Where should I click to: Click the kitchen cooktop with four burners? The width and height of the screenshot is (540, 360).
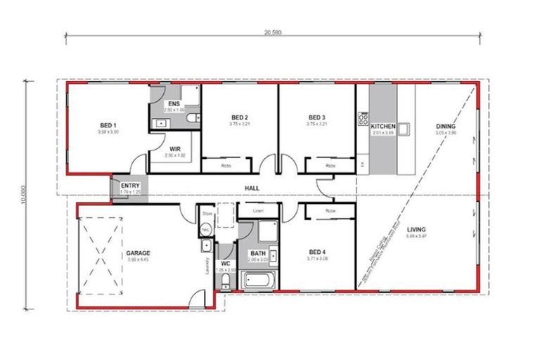click(x=364, y=119)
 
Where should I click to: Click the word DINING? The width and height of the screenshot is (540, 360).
click(x=445, y=127)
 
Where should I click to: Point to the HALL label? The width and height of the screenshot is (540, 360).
click(x=251, y=188)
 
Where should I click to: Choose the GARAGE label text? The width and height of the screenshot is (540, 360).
click(x=138, y=252)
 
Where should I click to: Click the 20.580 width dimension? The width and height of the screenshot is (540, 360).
click(x=273, y=31)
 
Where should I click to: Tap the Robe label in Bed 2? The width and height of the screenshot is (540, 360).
click(x=226, y=167)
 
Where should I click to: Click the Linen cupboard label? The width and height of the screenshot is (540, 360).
click(x=258, y=210)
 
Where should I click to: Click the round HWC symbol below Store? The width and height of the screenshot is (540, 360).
click(x=207, y=229)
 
